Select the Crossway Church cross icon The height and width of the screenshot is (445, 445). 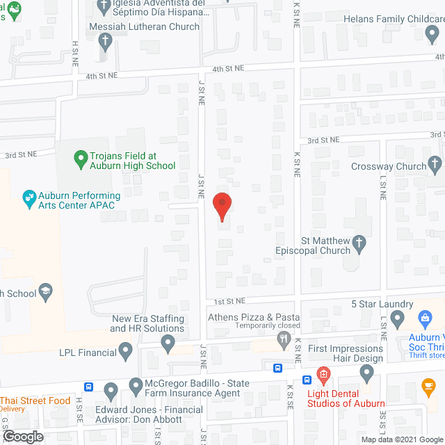(435, 165)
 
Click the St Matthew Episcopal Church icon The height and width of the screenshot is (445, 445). (359, 243)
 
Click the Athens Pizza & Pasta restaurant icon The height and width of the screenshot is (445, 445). (283, 339)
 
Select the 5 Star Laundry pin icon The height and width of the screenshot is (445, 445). (397, 320)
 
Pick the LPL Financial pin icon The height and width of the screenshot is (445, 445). (126, 351)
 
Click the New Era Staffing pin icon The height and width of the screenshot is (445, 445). (168, 342)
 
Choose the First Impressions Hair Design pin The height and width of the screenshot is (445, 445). (367, 374)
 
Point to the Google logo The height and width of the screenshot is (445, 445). (22, 436)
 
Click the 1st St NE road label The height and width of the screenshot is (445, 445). (229, 301)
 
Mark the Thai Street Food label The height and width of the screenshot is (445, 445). (35, 400)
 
